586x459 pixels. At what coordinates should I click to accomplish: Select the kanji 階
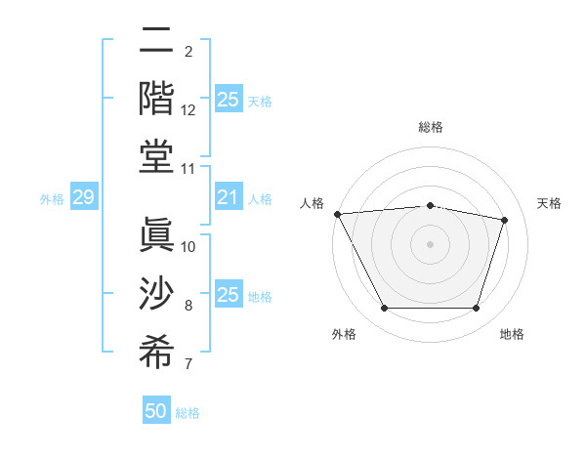[x=156, y=98]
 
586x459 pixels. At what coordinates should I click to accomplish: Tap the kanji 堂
[x=156, y=157]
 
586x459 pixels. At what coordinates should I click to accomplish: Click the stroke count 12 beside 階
[x=188, y=110]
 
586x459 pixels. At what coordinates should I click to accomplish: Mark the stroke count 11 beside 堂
[x=188, y=170]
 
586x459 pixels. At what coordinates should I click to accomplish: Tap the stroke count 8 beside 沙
[x=188, y=306]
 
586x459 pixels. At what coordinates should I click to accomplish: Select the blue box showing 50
[x=156, y=411]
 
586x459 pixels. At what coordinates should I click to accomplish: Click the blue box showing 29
[x=83, y=198]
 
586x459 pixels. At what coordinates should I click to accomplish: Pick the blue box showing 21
[x=228, y=198]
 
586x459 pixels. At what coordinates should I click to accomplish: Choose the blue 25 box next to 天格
[x=228, y=100]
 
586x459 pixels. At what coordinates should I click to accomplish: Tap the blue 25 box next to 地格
[x=228, y=295]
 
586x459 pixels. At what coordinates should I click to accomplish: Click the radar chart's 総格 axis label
[x=431, y=127]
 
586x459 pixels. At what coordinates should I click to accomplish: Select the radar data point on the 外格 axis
[x=384, y=309]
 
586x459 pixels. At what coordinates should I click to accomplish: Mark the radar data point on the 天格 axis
[x=505, y=220]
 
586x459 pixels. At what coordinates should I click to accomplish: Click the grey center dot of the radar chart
[x=430, y=243]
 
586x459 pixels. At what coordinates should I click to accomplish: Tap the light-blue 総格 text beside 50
[x=188, y=413]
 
